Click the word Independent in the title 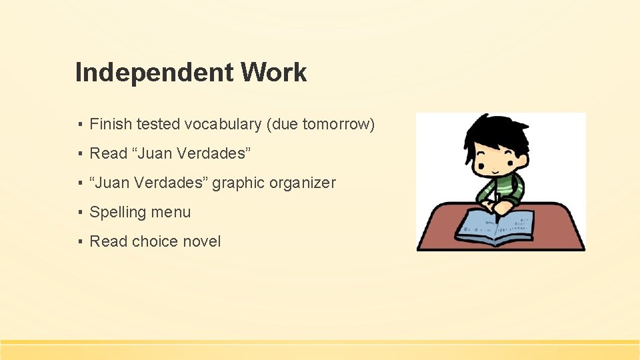point(154,72)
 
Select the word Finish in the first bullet point(110,124)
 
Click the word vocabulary point(223,124)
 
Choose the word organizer point(303,183)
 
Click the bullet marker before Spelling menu point(79,213)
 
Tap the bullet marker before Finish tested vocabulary point(79,125)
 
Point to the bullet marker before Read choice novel point(79,242)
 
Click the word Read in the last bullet point(108,241)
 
